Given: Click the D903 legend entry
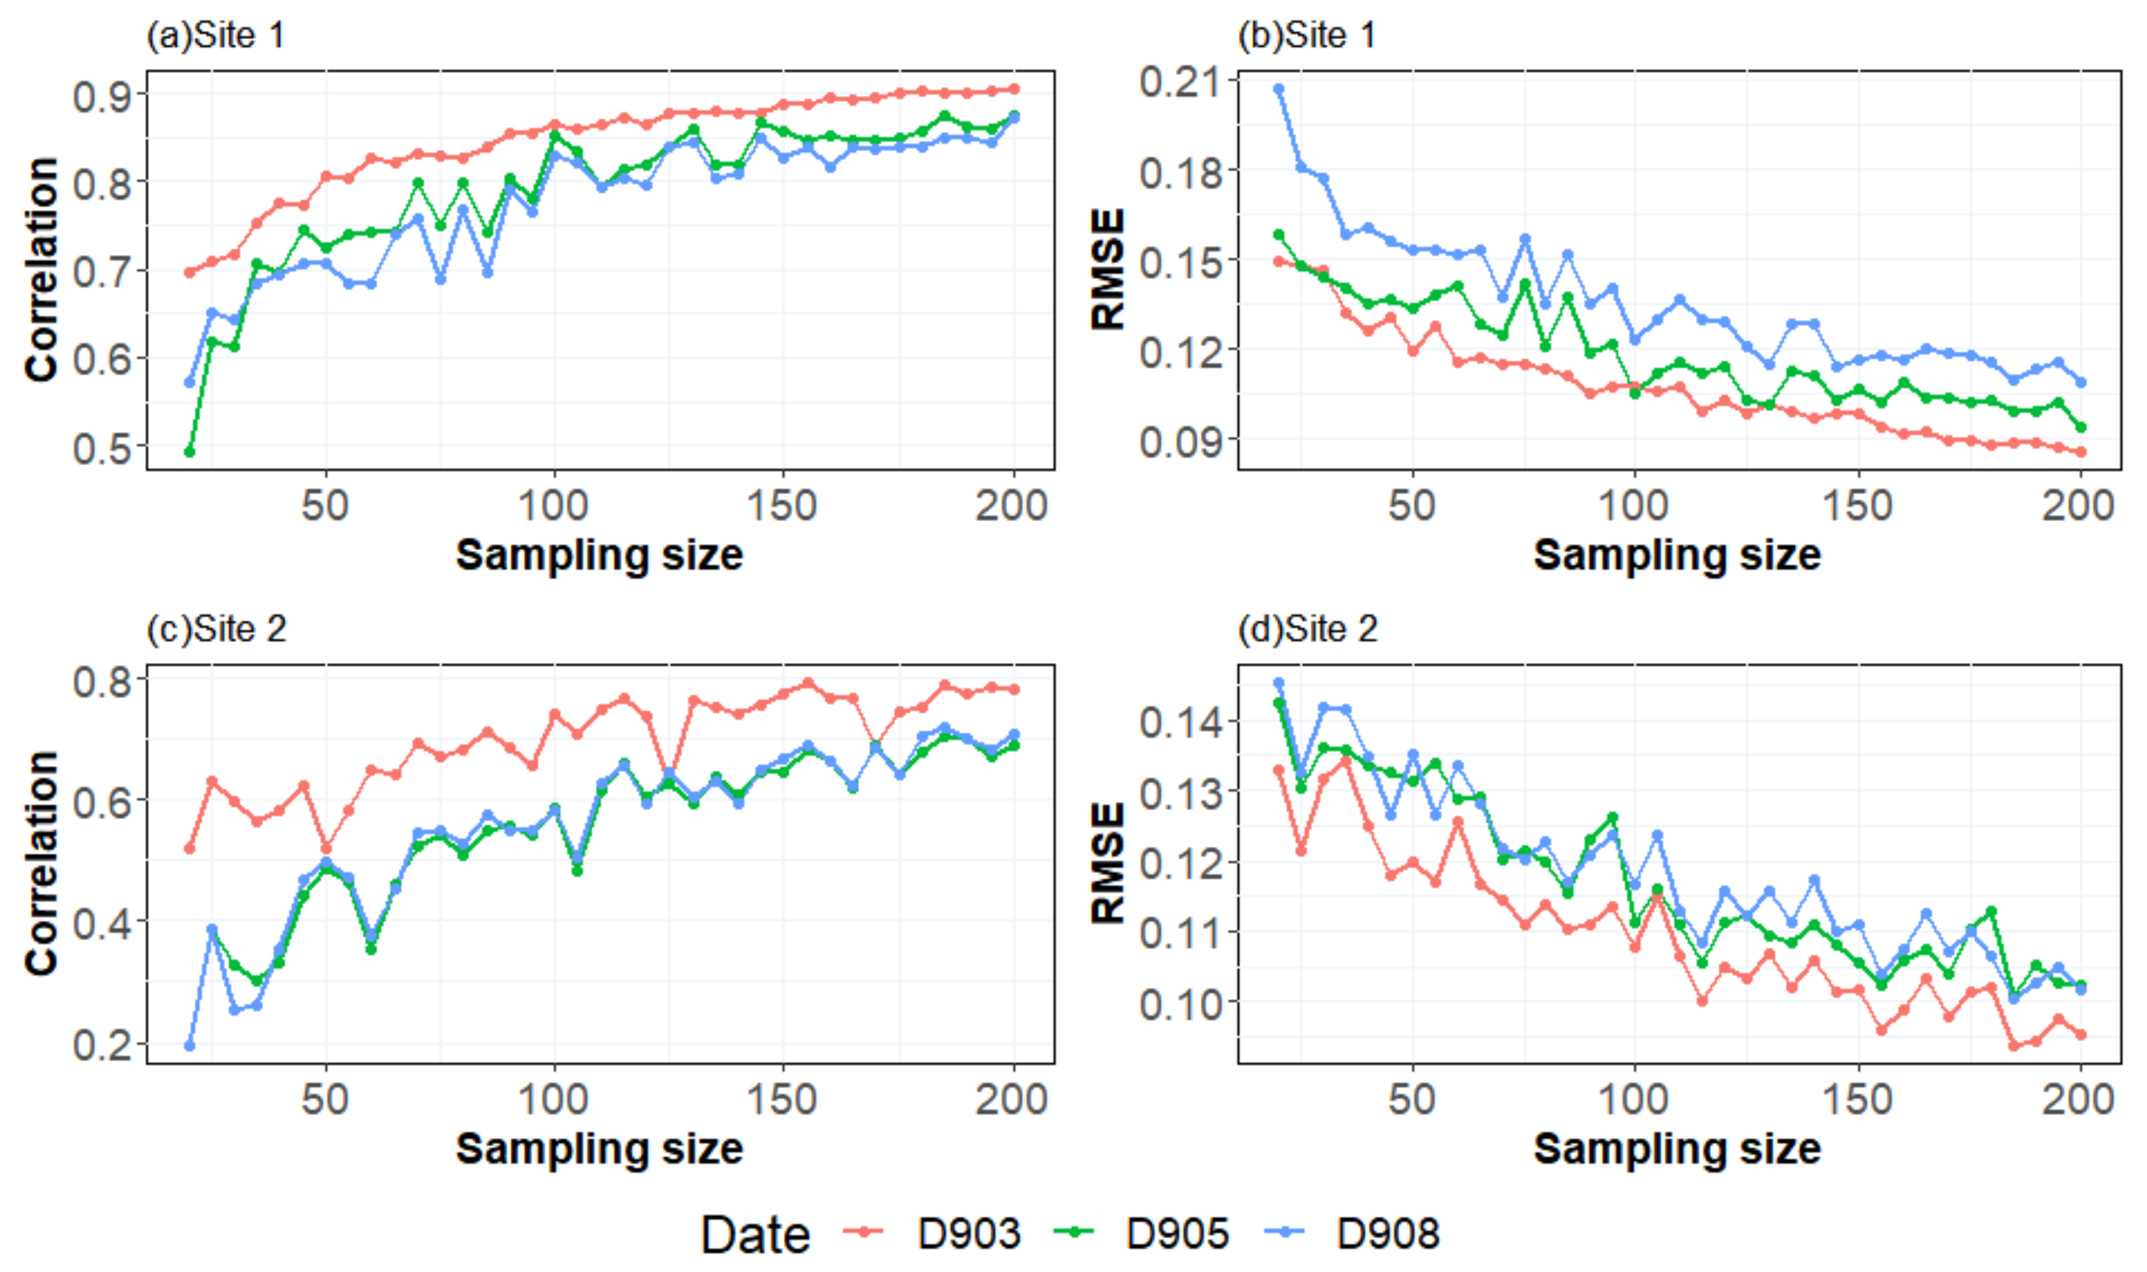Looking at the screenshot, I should click(x=968, y=1234).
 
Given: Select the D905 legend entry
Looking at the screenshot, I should click(x=1177, y=1234).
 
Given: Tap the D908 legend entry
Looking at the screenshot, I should click(x=1387, y=1234).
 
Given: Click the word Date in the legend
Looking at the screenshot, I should click(x=754, y=1235).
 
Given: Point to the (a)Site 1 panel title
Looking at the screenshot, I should click(x=215, y=36).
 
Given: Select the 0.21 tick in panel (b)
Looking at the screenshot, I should click(x=1179, y=82).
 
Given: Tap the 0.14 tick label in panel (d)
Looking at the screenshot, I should click(x=1179, y=722).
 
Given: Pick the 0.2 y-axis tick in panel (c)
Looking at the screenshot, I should click(x=102, y=1045).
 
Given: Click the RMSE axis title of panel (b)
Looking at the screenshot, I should click(x=1107, y=269).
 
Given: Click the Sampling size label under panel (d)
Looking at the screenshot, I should click(x=1676, y=1148).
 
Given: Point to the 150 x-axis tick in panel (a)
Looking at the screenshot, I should click(x=782, y=506).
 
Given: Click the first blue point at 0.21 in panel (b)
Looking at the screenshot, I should click(x=1279, y=89).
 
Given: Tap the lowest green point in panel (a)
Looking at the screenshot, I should click(x=190, y=452).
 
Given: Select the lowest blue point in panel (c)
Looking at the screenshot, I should click(x=190, y=1046).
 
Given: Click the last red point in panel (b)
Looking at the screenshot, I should click(x=2080, y=452).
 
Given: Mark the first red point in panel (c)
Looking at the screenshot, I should click(x=190, y=849).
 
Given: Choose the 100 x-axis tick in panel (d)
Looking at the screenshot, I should click(x=1634, y=1100).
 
